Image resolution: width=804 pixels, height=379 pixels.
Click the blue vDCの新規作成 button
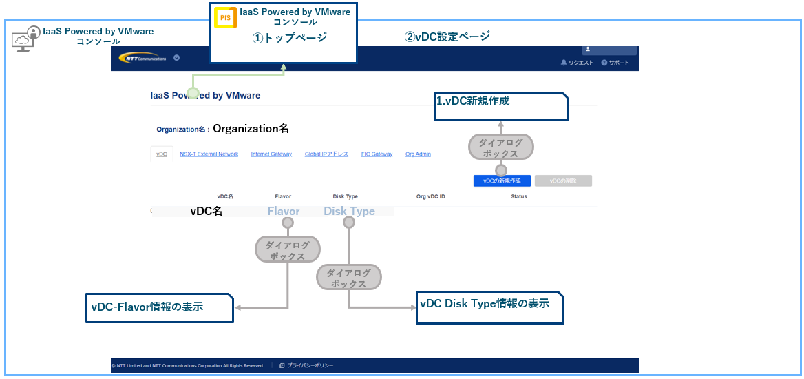[x=502, y=181]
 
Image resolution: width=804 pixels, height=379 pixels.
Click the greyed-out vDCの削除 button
[x=563, y=181]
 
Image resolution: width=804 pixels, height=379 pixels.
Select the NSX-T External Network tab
[x=209, y=154]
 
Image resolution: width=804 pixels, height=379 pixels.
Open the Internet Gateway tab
[x=271, y=154]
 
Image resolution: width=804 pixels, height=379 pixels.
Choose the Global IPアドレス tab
[x=326, y=154]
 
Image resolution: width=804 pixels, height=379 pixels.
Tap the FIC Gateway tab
[x=377, y=154]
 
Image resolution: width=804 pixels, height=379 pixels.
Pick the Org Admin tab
[x=418, y=154]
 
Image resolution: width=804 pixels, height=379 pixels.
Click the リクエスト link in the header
[x=577, y=63]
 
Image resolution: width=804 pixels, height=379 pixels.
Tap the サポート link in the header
[x=615, y=63]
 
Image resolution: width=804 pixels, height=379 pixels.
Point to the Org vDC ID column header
[x=431, y=196]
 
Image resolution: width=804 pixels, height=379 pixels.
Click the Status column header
[x=519, y=196]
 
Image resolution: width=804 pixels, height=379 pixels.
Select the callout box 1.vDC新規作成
[x=500, y=107]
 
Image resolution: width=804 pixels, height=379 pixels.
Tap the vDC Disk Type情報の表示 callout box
[x=489, y=307]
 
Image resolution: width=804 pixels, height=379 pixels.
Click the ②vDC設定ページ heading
[x=447, y=37]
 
